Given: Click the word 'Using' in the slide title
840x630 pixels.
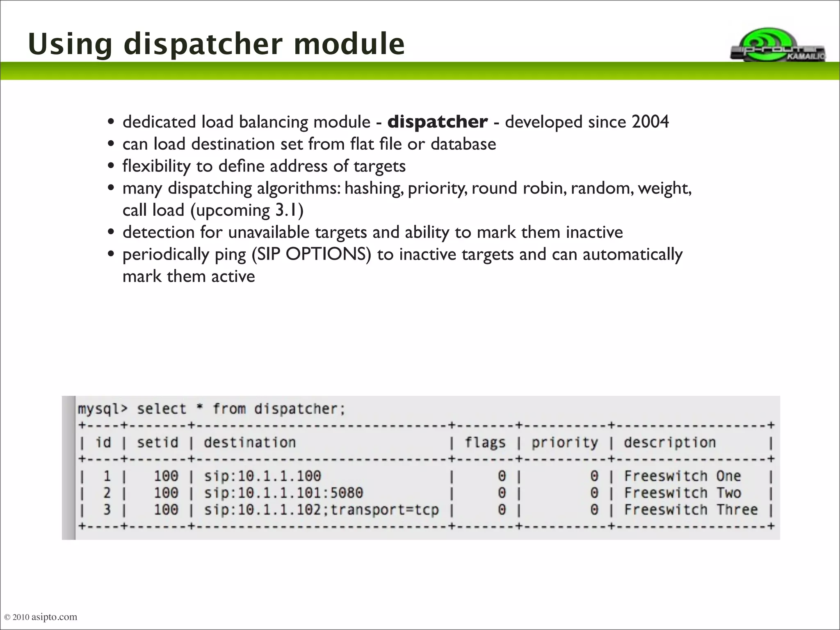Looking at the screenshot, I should pos(70,44).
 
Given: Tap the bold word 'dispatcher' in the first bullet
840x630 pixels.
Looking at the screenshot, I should pos(437,122).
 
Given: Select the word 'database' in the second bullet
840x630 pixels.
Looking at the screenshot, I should pos(463,144).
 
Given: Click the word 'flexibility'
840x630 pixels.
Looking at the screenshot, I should pos(157,166).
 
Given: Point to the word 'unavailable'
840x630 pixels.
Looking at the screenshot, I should pos(269,232).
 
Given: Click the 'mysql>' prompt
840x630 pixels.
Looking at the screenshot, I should pos(103,409).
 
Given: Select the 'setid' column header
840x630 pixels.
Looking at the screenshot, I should pos(157,443).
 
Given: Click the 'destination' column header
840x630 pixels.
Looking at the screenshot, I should pos(249,443).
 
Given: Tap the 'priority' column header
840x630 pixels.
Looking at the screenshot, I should pos(565,443).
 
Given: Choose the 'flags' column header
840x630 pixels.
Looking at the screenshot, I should pos(485,443).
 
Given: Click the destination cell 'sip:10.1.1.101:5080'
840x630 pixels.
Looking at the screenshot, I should pos(283,493).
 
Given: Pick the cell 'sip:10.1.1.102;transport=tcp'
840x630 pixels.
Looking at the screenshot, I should pos(321,510).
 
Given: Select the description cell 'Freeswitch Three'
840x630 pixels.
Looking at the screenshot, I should pos(691,510).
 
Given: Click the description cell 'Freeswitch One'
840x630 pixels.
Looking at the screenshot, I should pos(682,476).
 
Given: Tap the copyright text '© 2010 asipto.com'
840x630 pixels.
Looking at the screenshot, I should pos(40,617).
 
